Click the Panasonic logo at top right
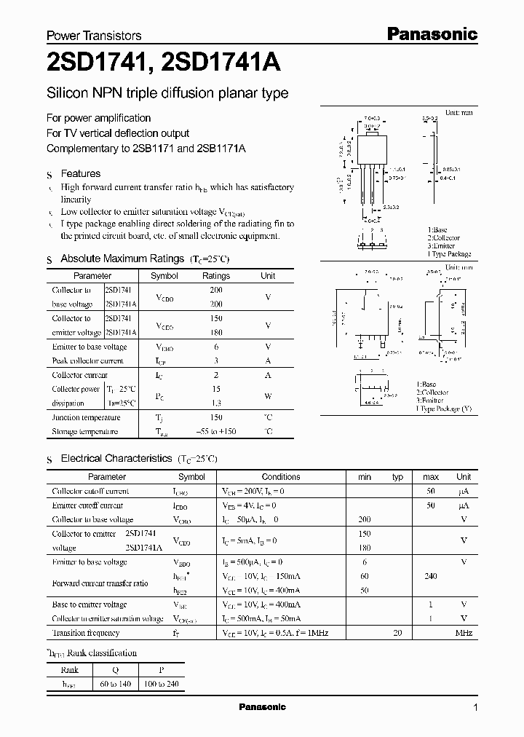click(x=431, y=33)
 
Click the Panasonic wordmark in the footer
click(x=263, y=707)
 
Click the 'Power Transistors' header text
click(x=94, y=35)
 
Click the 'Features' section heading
click(x=81, y=173)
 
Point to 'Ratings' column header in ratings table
click(x=216, y=276)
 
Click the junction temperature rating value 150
click(x=216, y=417)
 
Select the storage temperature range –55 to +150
click(x=216, y=431)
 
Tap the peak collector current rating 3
click(x=216, y=360)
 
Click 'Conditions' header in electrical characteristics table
click(x=281, y=477)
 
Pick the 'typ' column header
click(x=397, y=477)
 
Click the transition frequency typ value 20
click(x=397, y=633)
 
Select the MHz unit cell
click(x=464, y=633)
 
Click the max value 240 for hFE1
click(x=431, y=575)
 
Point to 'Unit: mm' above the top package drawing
click(x=458, y=114)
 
